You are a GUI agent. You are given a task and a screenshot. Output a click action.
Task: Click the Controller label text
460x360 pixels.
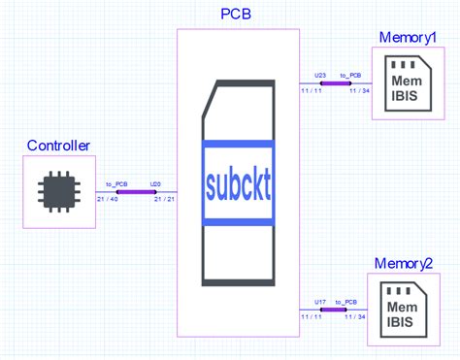(58, 147)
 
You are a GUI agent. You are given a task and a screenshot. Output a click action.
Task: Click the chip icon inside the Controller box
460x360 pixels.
(59, 192)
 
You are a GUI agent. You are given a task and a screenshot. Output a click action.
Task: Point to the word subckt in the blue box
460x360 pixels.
(238, 182)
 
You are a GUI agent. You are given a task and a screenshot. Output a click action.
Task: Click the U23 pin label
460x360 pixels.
(321, 75)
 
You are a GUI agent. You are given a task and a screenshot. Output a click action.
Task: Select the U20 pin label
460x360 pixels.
(155, 182)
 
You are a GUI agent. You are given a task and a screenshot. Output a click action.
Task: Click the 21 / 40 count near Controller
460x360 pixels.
(108, 200)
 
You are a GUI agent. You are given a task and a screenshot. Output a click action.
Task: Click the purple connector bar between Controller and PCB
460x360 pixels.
(136, 191)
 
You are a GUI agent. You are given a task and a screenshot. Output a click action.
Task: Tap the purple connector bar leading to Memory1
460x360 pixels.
(336, 83)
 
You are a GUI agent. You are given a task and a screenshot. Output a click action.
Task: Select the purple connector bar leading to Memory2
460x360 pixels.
(336, 309)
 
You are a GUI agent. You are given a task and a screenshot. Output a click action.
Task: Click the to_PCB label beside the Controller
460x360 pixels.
(116, 182)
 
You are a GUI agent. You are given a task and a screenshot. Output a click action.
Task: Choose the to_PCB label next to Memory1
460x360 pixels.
(351, 75)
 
